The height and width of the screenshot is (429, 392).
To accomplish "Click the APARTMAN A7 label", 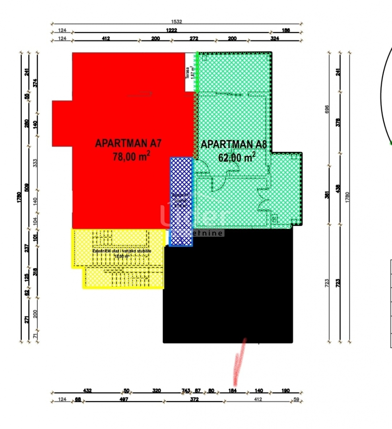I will (128, 143).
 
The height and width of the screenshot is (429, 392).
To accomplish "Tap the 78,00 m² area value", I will (131, 157).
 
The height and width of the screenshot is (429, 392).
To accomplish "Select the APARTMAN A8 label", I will (234, 144).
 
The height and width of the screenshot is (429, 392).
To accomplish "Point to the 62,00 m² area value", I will (237, 158).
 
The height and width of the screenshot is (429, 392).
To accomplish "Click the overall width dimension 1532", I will (177, 22).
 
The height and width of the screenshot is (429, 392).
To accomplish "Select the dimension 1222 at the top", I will (171, 30).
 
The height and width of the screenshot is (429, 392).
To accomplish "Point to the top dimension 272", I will (194, 39).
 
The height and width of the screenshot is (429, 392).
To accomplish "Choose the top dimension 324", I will (274, 39).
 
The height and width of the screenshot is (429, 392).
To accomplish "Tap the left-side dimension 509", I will (27, 187).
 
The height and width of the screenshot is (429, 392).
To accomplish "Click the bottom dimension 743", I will (185, 391).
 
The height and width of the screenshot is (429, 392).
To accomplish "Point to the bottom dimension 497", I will (124, 400).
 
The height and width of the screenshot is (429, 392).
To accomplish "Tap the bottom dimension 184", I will (232, 391).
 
